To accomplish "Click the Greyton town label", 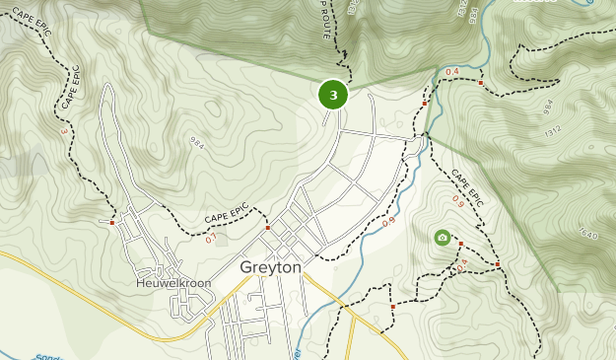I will (x=270, y=267).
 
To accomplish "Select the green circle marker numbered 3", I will (x=333, y=95).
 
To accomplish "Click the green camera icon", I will (x=443, y=238).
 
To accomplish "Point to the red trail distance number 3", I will (x=65, y=131).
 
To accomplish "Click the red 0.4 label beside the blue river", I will (x=452, y=72).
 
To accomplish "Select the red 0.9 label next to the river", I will (x=388, y=222).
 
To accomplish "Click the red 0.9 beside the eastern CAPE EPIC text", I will (x=458, y=201).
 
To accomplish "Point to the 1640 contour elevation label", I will (x=588, y=235).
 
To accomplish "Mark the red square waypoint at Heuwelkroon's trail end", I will (x=112, y=222).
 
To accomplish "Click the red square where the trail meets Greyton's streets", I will (x=268, y=228).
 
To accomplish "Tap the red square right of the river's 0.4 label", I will (x=480, y=83).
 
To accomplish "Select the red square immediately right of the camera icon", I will (x=459, y=244).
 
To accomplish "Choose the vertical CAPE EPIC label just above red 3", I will (x=70, y=89).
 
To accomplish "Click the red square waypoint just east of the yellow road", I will (x=392, y=307).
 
